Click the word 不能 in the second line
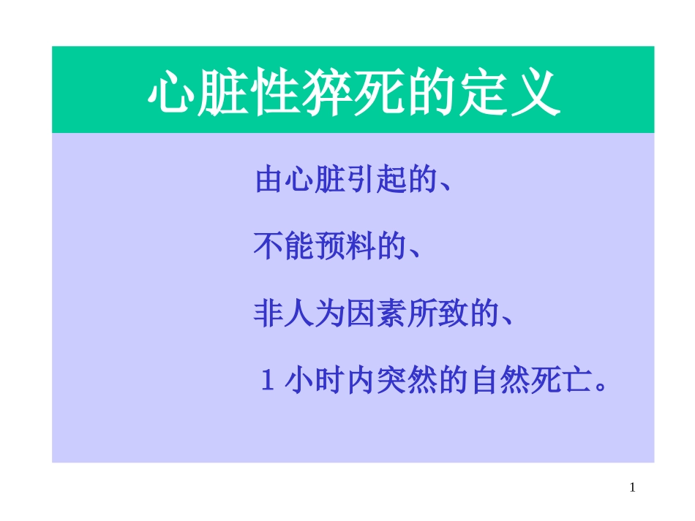pyautogui.click(x=284, y=247)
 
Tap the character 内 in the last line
pyautogui.click(x=361, y=381)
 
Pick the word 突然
pyautogui.click(x=407, y=381)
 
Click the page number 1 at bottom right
pyautogui.click(x=633, y=487)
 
